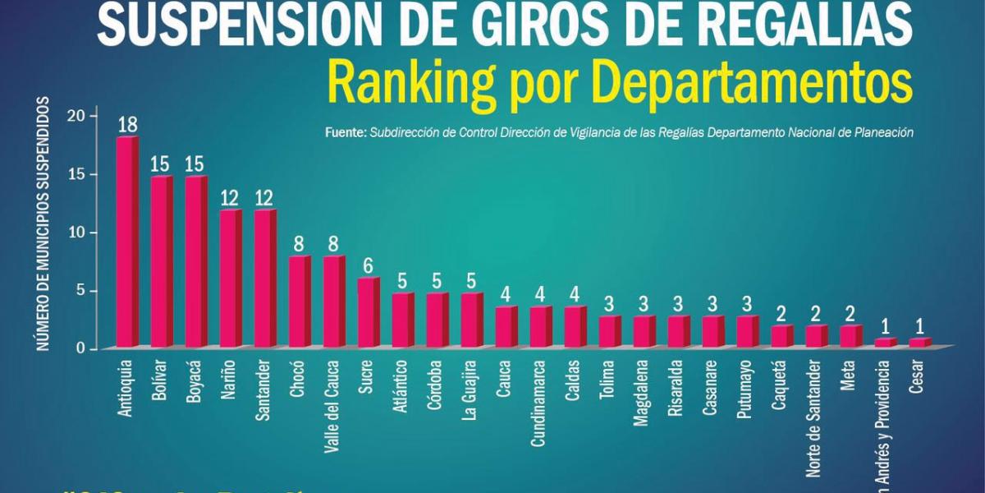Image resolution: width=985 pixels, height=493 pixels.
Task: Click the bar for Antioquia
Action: click(x=127, y=242)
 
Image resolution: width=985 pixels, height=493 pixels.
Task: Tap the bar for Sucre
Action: click(x=369, y=313)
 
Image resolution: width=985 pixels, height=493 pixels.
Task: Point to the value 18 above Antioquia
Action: click(x=127, y=125)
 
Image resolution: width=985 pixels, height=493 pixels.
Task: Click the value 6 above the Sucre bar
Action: click(x=369, y=265)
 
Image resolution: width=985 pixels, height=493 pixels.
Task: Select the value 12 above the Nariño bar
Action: click(x=231, y=197)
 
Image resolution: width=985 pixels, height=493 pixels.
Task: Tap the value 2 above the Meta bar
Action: click(x=851, y=313)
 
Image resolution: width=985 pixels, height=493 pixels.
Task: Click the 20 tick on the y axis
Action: click(x=76, y=116)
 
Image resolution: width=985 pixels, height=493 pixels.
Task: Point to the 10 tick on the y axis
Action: click(x=76, y=233)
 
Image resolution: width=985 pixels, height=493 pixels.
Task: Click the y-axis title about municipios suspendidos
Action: click(x=42, y=223)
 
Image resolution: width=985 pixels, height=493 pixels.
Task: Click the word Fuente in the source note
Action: click(x=345, y=132)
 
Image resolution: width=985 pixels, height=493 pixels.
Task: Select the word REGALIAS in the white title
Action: click(x=792, y=25)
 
